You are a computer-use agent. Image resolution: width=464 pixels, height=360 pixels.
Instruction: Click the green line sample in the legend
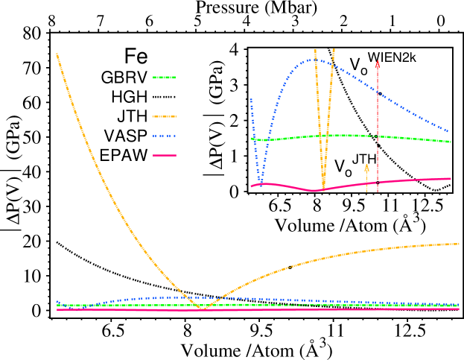(164, 78)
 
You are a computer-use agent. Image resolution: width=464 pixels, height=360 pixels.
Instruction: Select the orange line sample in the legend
(165, 116)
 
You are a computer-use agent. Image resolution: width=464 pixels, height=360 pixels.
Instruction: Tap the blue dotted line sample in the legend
(164, 136)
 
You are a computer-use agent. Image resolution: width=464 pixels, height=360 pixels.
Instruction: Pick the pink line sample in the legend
(165, 155)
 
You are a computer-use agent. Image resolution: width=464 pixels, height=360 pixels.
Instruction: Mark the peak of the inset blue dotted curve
(310, 60)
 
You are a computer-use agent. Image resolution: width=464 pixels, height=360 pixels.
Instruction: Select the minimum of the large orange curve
(204, 308)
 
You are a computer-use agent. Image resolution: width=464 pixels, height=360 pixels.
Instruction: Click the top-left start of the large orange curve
(57, 54)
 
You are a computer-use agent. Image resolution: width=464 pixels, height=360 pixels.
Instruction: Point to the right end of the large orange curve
(459, 244)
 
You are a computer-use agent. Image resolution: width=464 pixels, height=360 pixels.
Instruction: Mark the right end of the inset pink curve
(451, 178)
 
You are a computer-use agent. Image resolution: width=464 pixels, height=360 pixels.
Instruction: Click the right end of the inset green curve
(451, 142)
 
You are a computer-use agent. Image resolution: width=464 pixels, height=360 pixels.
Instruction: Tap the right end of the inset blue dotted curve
(448, 131)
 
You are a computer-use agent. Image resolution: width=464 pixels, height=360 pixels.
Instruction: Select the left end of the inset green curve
(252, 139)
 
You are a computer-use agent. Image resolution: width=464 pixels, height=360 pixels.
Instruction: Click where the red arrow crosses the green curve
(378, 136)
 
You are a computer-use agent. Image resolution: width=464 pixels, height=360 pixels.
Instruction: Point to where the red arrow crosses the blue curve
(378, 92)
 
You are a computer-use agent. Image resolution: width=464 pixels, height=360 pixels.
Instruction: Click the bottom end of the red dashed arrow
(378, 192)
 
